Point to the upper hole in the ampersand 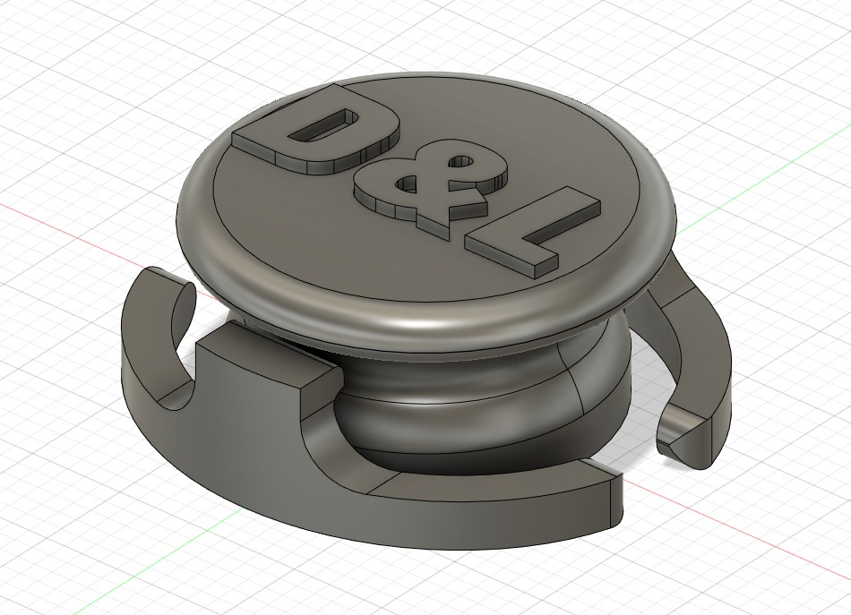tap(460, 162)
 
